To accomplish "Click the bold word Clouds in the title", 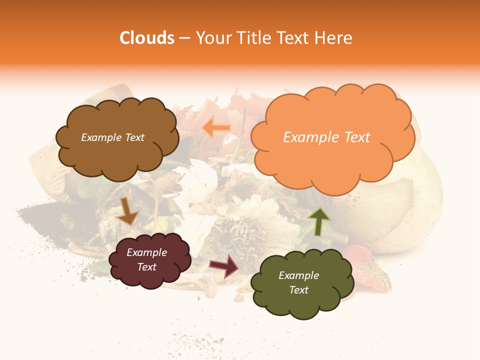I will (x=146, y=38).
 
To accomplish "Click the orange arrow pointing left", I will (x=216, y=128).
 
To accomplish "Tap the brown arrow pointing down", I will (x=127, y=211).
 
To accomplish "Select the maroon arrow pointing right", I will (x=224, y=265).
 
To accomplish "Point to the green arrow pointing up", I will (x=319, y=221).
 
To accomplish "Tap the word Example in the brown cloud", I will (x=101, y=137).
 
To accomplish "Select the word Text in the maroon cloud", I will (x=147, y=267).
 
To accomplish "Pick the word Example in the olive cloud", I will (x=298, y=275).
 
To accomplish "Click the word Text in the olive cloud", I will (x=298, y=290).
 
